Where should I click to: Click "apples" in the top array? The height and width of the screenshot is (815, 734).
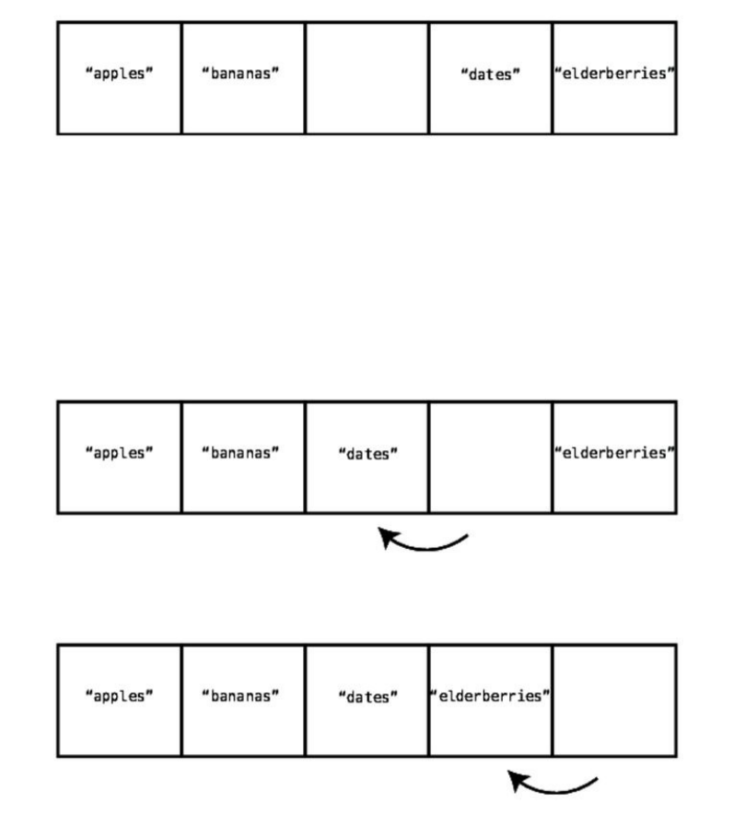click(119, 74)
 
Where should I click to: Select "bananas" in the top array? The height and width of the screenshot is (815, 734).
click(240, 74)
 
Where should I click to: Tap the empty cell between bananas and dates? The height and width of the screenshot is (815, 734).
click(367, 78)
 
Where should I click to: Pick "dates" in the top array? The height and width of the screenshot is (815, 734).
click(490, 75)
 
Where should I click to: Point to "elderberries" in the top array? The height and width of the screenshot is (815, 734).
click(614, 74)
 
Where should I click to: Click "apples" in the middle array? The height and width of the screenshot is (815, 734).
click(119, 453)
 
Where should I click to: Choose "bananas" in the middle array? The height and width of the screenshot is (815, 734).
click(240, 453)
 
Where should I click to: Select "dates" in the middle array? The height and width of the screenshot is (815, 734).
click(367, 454)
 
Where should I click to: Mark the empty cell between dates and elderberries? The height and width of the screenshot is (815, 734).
click(490, 458)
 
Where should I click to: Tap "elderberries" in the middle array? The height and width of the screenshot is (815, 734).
click(614, 453)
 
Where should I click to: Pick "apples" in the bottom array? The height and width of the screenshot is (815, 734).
click(119, 696)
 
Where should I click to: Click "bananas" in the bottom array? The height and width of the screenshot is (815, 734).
click(240, 696)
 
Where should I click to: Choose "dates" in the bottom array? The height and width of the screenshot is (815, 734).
click(367, 697)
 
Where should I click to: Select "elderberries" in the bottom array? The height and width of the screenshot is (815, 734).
click(490, 696)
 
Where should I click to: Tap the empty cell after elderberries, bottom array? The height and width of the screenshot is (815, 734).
click(614, 701)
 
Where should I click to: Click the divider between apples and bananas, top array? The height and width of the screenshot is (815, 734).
click(181, 78)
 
